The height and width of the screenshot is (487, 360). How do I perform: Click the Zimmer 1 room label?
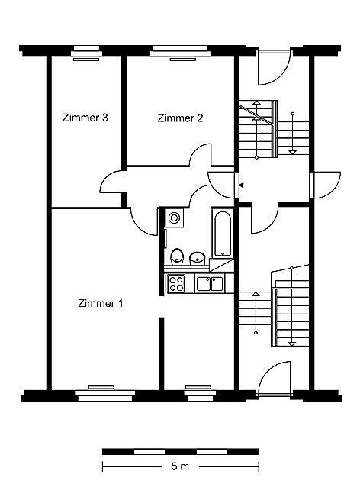[x=100, y=303]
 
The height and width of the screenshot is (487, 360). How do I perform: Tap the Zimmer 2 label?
[x=180, y=118]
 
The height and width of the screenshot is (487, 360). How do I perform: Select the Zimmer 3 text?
[x=85, y=118]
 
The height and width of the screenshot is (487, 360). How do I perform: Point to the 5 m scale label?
[x=180, y=466]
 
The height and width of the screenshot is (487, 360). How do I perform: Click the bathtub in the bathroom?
[x=223, y=234]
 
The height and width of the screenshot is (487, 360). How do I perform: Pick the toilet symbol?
[x=177, y=256]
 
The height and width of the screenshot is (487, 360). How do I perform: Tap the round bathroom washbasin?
[x=197, y=258]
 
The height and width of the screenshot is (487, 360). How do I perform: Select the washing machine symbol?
[x=174, y=218]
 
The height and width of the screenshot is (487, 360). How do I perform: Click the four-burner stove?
[x=176, y=283]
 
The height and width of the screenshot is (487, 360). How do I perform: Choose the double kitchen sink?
[x=210, y=283]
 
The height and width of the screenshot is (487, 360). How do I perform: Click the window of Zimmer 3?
[x=86, y=53]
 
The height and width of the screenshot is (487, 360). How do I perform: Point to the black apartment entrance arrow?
[x=242, y=185]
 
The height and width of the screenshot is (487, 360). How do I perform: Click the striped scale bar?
[x=181, y=452]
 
